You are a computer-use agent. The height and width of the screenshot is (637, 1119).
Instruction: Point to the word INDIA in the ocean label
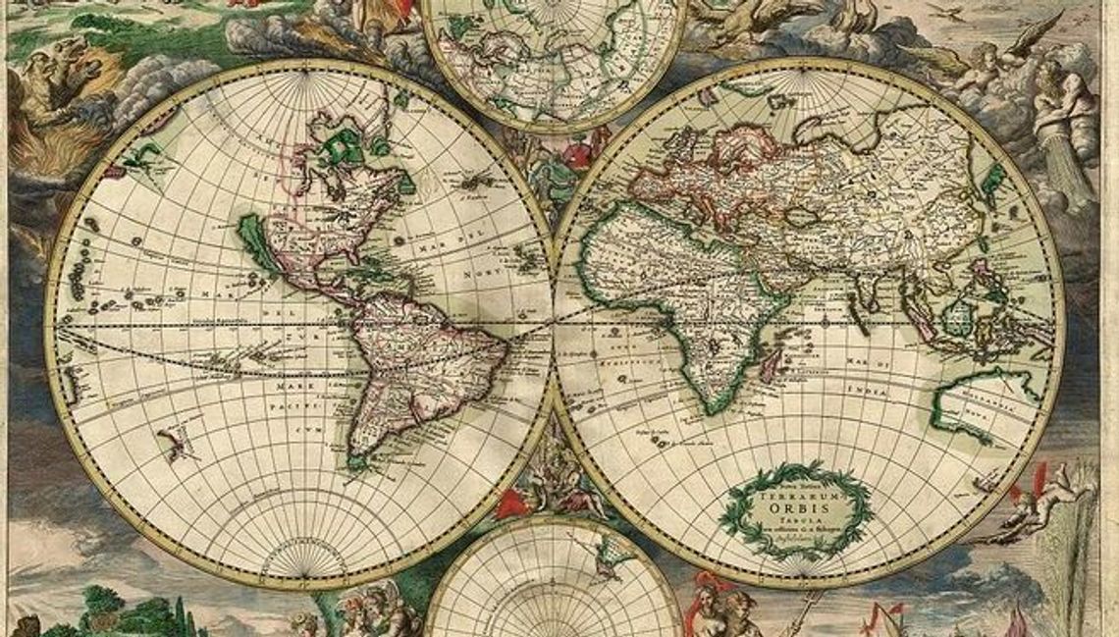coord(871,391)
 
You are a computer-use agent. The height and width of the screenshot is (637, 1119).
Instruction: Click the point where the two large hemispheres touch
coord(553,324)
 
